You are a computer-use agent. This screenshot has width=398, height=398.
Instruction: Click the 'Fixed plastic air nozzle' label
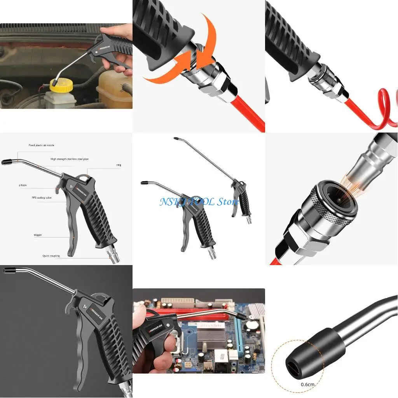coord(41,145)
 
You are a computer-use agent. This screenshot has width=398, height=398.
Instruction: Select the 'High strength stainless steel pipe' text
coord(70,159)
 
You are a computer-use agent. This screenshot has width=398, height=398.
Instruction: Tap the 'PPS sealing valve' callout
coord(42,197)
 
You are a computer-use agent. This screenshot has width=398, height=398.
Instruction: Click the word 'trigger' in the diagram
coord(38,235)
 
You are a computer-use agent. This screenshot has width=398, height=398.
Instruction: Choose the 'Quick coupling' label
coord(51,256)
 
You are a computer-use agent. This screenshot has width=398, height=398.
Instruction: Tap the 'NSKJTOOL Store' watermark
coord(199,202)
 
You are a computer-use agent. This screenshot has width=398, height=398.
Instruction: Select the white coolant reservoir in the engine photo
coord(113,87)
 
